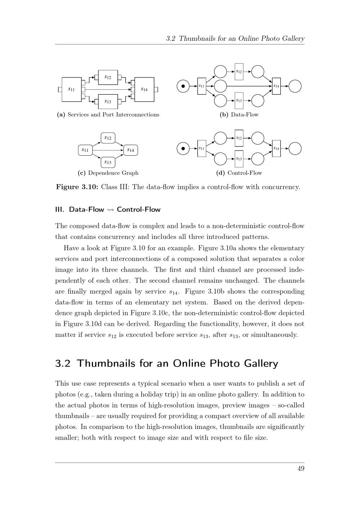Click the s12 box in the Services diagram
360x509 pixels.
click(x=108, y=77)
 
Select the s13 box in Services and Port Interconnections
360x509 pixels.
click(x=108, y=101)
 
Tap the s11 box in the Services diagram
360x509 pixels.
click(x=72, y=89)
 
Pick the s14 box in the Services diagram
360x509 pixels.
click(x=144, y=89)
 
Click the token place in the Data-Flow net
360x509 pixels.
click(x=183, y=86)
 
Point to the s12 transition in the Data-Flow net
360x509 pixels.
click(x=239, y=72)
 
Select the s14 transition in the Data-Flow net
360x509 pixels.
click(x=276, y=86)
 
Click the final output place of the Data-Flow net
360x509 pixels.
click(x=295, y=86)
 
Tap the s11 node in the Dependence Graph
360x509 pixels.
click(x=85, y=150)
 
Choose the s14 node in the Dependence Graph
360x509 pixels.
click(x=130, y=150)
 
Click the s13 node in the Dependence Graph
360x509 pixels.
click(x=108, y=162)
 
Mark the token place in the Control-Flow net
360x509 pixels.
click(x=183, y=148)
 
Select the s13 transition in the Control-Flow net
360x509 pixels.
click(x=239, y=159)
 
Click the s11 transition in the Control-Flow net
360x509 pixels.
click(x=202, y=148)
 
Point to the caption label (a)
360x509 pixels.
click(x=61, y=115)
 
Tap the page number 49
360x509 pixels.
click(x=301, y=468)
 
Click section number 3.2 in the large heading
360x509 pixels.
click(x=63, y=364)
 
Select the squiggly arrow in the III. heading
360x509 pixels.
click(x=110, y=210)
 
